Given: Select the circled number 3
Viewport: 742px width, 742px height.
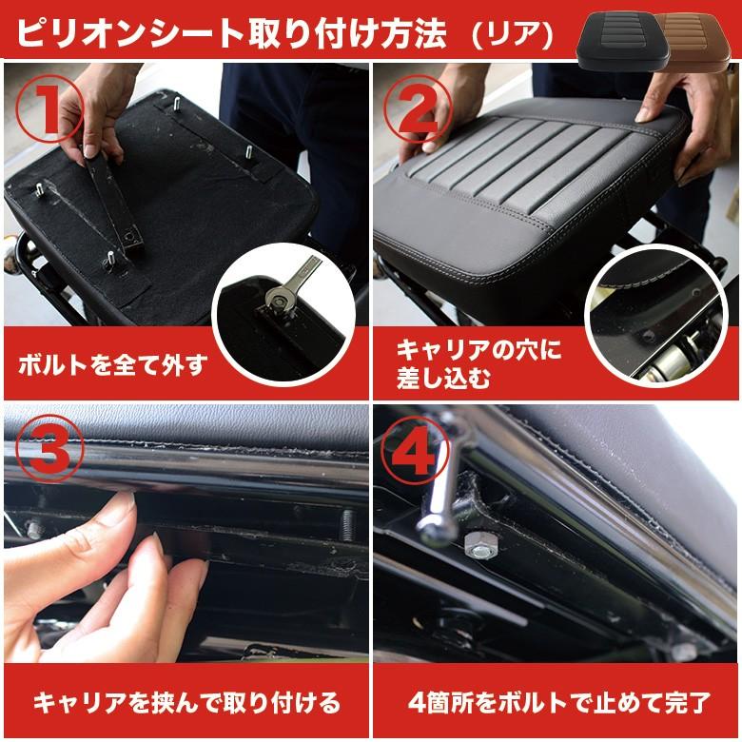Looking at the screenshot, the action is click(49, 448).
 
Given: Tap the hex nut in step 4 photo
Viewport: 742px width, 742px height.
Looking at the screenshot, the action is click(479, 546).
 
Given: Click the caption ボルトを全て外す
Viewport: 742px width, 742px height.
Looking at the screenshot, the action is click(113, 365).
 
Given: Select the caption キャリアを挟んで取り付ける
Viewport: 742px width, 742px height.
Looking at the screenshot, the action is click(186, 702).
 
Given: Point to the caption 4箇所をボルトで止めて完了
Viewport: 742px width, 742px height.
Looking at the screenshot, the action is click(558, 702).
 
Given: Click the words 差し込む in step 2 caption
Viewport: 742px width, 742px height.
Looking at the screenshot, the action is click(443, 380).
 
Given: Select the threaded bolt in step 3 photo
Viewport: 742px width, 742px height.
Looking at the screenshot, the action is click(347, 525).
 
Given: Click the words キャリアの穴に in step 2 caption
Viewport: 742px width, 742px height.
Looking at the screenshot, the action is click(478, 351).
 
